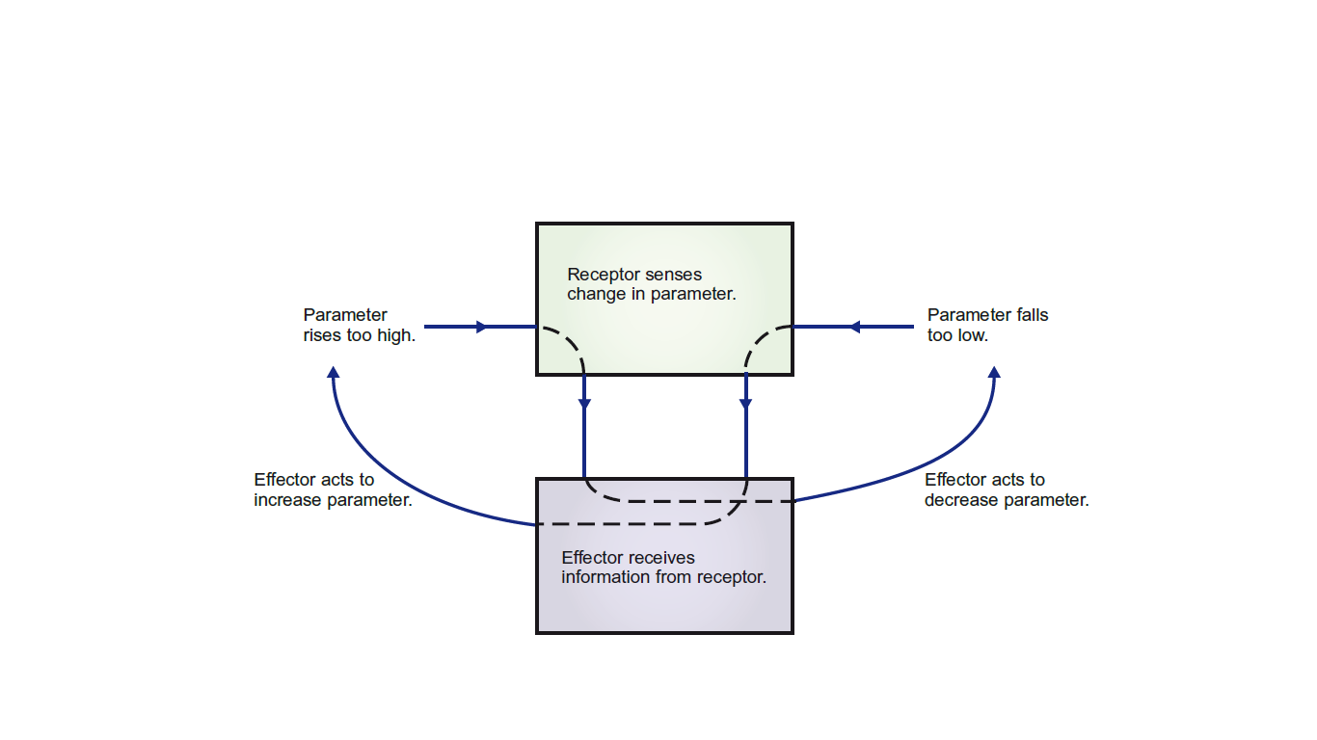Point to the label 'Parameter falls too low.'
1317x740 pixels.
click(x=987, y=326)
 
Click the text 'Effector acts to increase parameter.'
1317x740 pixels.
click(x=333, y=489)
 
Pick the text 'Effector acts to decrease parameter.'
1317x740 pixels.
click(x=1006, y=489)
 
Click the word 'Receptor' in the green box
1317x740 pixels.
click(x=600, y=275)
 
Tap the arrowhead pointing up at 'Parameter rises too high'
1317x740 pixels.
click(x=333, y=372)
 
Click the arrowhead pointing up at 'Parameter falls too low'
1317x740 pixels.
click(x=995, y=372)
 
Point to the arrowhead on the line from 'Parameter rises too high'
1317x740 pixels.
click(x=483, y=327)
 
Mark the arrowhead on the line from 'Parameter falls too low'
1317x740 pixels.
click(x=853, y=327)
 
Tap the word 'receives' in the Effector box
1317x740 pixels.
click(x=662, y=558)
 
